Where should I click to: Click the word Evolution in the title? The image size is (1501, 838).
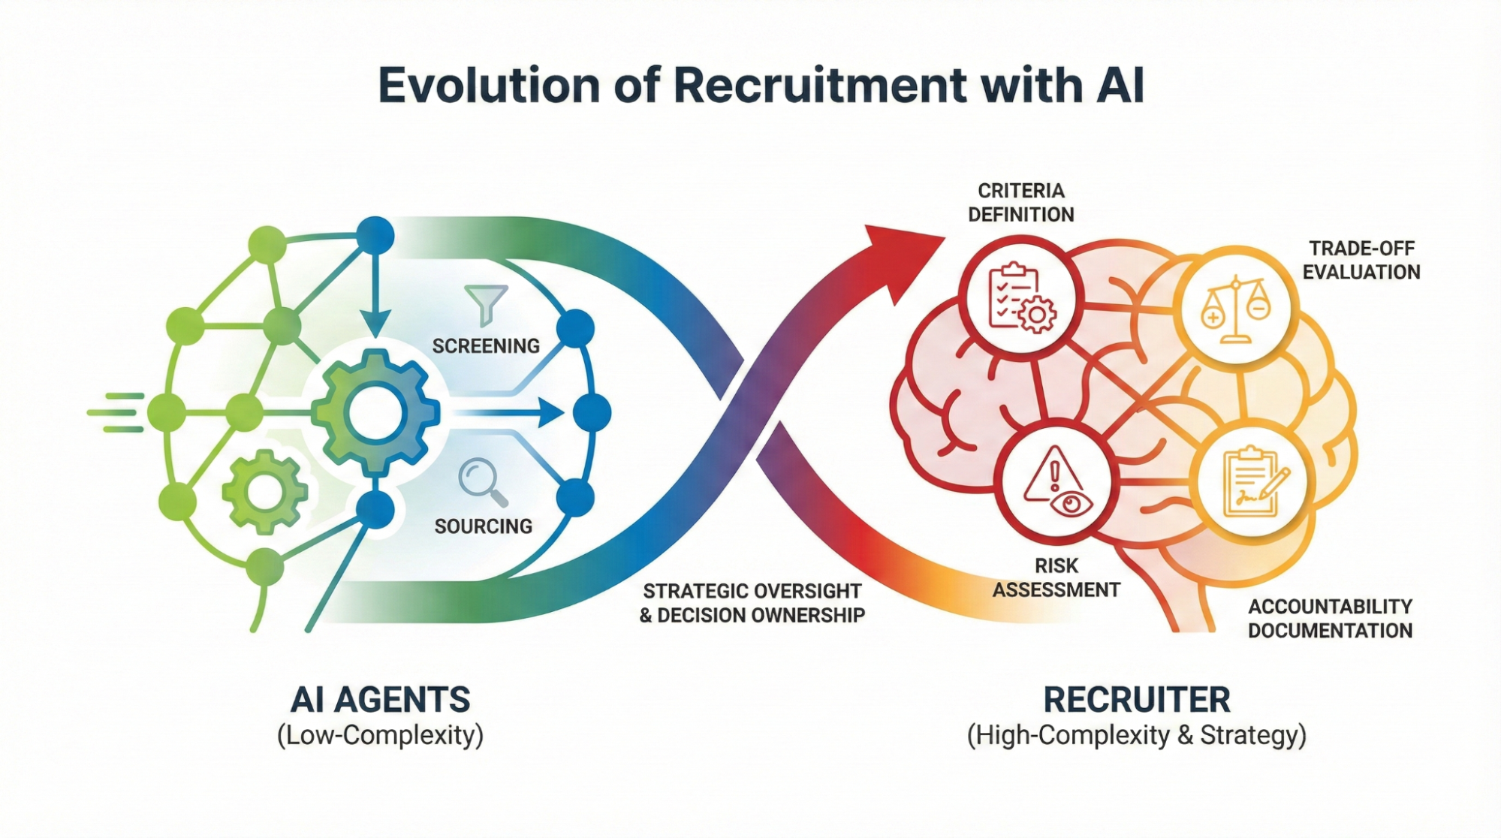pos(489,86)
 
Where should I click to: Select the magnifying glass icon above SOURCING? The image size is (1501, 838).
pos(482,481)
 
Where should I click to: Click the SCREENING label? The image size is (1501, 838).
pos(486,346)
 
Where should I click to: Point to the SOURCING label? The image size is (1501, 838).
pos(484,526)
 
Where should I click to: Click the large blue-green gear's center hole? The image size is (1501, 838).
pos(375,412)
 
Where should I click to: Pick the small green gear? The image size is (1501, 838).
pos(264,492)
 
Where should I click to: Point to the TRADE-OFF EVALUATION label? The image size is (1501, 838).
pos(1361,260)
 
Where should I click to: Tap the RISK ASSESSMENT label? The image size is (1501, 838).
pos(1056,577)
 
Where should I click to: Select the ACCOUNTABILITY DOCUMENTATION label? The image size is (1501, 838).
pos(1330,618)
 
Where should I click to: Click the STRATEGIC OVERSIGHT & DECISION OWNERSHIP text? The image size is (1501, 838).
pos(752,603)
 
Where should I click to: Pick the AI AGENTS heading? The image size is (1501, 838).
pos(380,700)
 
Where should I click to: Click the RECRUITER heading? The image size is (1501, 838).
pos(1137,700)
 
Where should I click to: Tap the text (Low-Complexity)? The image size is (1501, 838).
pos(380,734)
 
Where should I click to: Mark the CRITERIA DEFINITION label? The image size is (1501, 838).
pos(1021,203)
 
